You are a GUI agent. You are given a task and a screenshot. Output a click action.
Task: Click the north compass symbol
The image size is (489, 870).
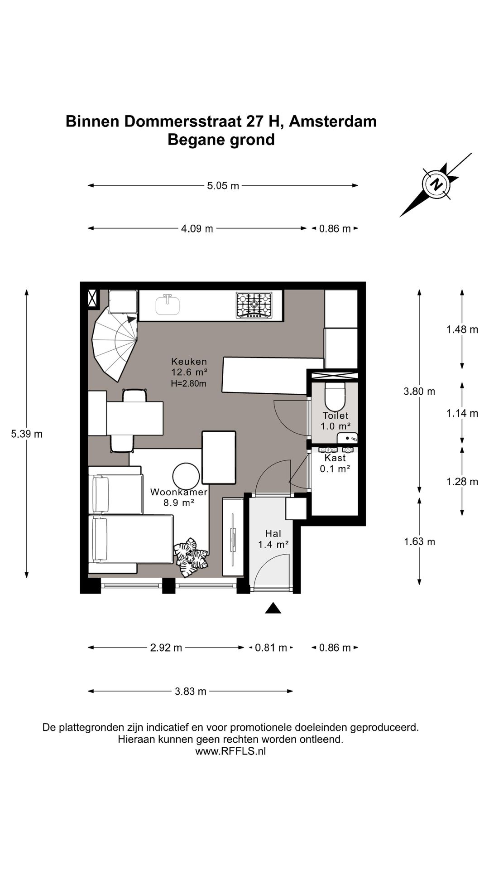click(436, 184)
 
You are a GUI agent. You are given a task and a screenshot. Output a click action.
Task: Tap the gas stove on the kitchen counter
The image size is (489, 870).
click(254, 304)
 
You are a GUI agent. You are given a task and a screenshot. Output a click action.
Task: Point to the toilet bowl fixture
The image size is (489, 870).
click(336, 396)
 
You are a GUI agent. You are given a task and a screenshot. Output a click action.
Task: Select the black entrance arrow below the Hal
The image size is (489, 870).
click(273, 608)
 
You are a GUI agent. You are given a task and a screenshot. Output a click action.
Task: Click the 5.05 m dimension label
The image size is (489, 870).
click(223, 185)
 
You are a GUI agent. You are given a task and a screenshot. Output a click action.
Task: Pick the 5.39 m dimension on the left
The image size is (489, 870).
click(27, 434)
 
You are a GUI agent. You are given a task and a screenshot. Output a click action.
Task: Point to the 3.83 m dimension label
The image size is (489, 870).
click(191, 691)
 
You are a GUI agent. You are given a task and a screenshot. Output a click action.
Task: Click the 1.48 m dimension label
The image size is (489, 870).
click(462, 329)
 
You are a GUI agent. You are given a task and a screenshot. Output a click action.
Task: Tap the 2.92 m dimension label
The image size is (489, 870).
click(166, 648)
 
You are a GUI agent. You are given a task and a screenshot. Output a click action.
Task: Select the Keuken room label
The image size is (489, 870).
click(189, 362)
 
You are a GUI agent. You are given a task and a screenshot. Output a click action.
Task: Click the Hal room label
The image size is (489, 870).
click(273, 534)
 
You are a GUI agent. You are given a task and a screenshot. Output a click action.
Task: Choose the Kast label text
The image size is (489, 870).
click(335, 458)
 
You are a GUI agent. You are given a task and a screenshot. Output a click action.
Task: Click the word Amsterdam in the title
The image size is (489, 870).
click(333, 121)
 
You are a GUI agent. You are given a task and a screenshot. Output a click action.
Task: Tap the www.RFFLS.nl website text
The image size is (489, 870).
click(230, 751)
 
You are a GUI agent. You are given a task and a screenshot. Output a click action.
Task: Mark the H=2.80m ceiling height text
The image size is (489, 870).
click(189, 383)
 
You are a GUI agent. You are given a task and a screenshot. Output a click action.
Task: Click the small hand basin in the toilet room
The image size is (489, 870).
click(348, 438)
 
